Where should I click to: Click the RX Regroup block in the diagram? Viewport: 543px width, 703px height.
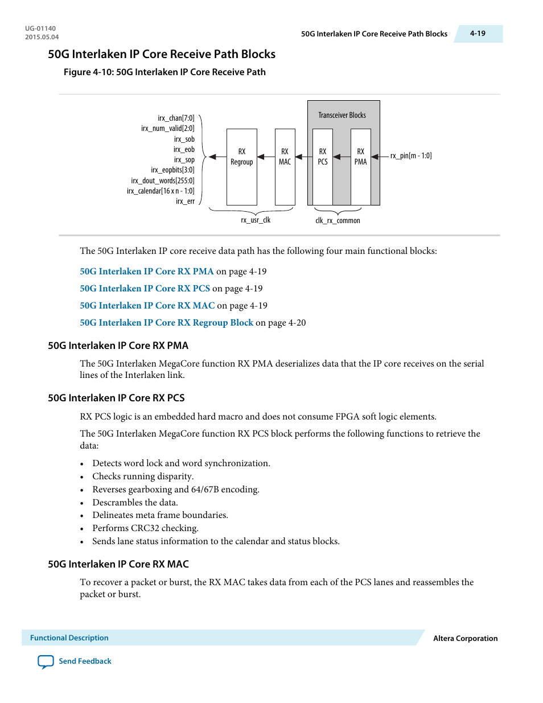(x=241, y=167)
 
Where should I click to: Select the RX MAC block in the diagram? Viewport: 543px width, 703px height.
(x=285, y=167)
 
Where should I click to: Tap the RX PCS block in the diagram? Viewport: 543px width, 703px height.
(x=323, y=167)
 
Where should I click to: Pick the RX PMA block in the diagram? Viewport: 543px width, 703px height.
(x=360, y=167)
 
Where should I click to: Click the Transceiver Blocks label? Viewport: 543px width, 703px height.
(x=342, y=116)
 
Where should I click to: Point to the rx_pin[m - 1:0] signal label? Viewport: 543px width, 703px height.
(x=410, y=156)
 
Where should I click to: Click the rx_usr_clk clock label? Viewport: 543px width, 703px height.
(x=256, y=220)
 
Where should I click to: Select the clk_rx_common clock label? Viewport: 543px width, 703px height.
(x=338, y=221)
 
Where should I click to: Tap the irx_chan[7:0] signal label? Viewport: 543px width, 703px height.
(x=176, y=118)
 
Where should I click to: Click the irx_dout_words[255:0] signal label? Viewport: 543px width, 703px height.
(x=163, y=181)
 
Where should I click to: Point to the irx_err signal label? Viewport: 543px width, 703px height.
(x=185, y=202)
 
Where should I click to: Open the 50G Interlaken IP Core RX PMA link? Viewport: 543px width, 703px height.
(x=147, y=272)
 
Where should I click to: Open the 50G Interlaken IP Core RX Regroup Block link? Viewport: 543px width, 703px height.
(x=166, y=323)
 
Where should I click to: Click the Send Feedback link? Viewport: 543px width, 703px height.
(x=85, y=661)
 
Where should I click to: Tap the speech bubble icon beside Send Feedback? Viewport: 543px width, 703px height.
(x=46, y=662)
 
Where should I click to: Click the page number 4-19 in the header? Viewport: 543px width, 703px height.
(x=478, y=34)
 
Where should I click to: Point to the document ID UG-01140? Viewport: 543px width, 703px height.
(x=40, y=28)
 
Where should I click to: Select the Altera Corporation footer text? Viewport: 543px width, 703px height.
(x=465, y=639)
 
